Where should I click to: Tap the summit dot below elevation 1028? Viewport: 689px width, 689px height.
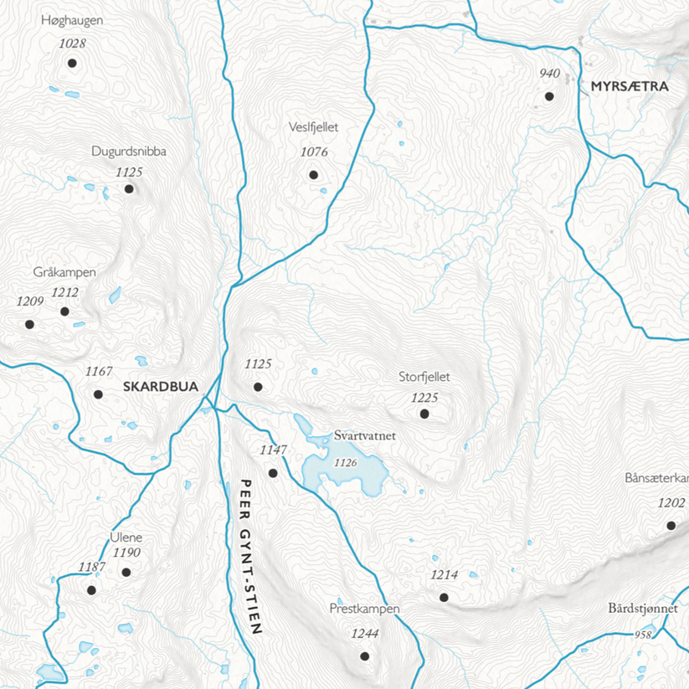tap(72, 63)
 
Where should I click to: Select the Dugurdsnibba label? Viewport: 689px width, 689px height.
tap(129, 152)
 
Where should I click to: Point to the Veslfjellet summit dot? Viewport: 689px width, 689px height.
tap(313, 175)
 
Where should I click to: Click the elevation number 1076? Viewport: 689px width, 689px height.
tap(313, 152)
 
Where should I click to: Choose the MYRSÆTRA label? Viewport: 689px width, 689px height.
tap(629, 86)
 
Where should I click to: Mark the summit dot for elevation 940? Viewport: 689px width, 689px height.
tap(549, 96)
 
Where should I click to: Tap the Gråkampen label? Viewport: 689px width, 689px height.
tap(65, 273)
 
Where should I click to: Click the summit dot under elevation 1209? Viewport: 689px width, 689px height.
tap(29, 324)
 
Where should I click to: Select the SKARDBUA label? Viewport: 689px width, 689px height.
tap(160, 387)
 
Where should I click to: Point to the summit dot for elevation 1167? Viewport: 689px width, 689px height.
tap(98, 394)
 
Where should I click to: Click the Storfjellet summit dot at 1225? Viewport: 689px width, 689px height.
tap(424, 414)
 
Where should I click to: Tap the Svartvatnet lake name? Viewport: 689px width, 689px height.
tap(363, 436)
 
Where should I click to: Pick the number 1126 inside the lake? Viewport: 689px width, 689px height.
tap(345, 462)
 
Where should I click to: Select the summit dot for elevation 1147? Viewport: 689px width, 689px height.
tap(273, 473)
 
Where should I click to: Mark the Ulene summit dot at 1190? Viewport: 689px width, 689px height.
tap(126, 573)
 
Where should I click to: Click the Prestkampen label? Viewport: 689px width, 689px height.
tap(365, 609)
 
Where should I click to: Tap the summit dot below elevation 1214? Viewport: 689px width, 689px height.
tap(444, 598)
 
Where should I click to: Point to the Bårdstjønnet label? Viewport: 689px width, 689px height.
tap(643, 609)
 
